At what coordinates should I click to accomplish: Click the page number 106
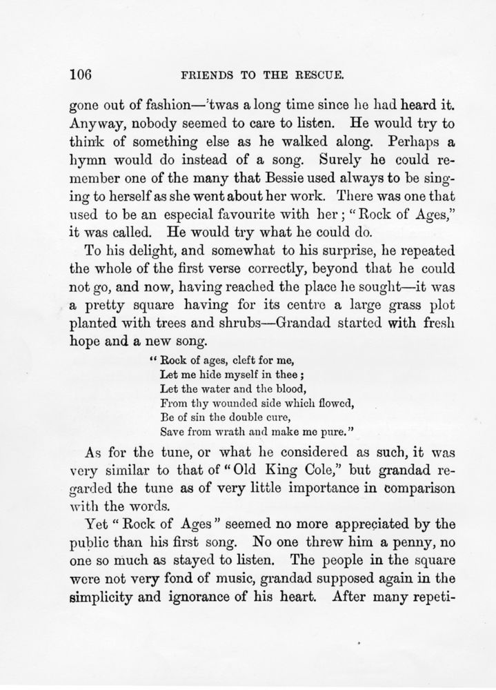tap(86, 74)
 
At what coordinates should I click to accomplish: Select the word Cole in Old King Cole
tap(372, 472)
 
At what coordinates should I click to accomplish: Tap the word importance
tap(344, 491)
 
